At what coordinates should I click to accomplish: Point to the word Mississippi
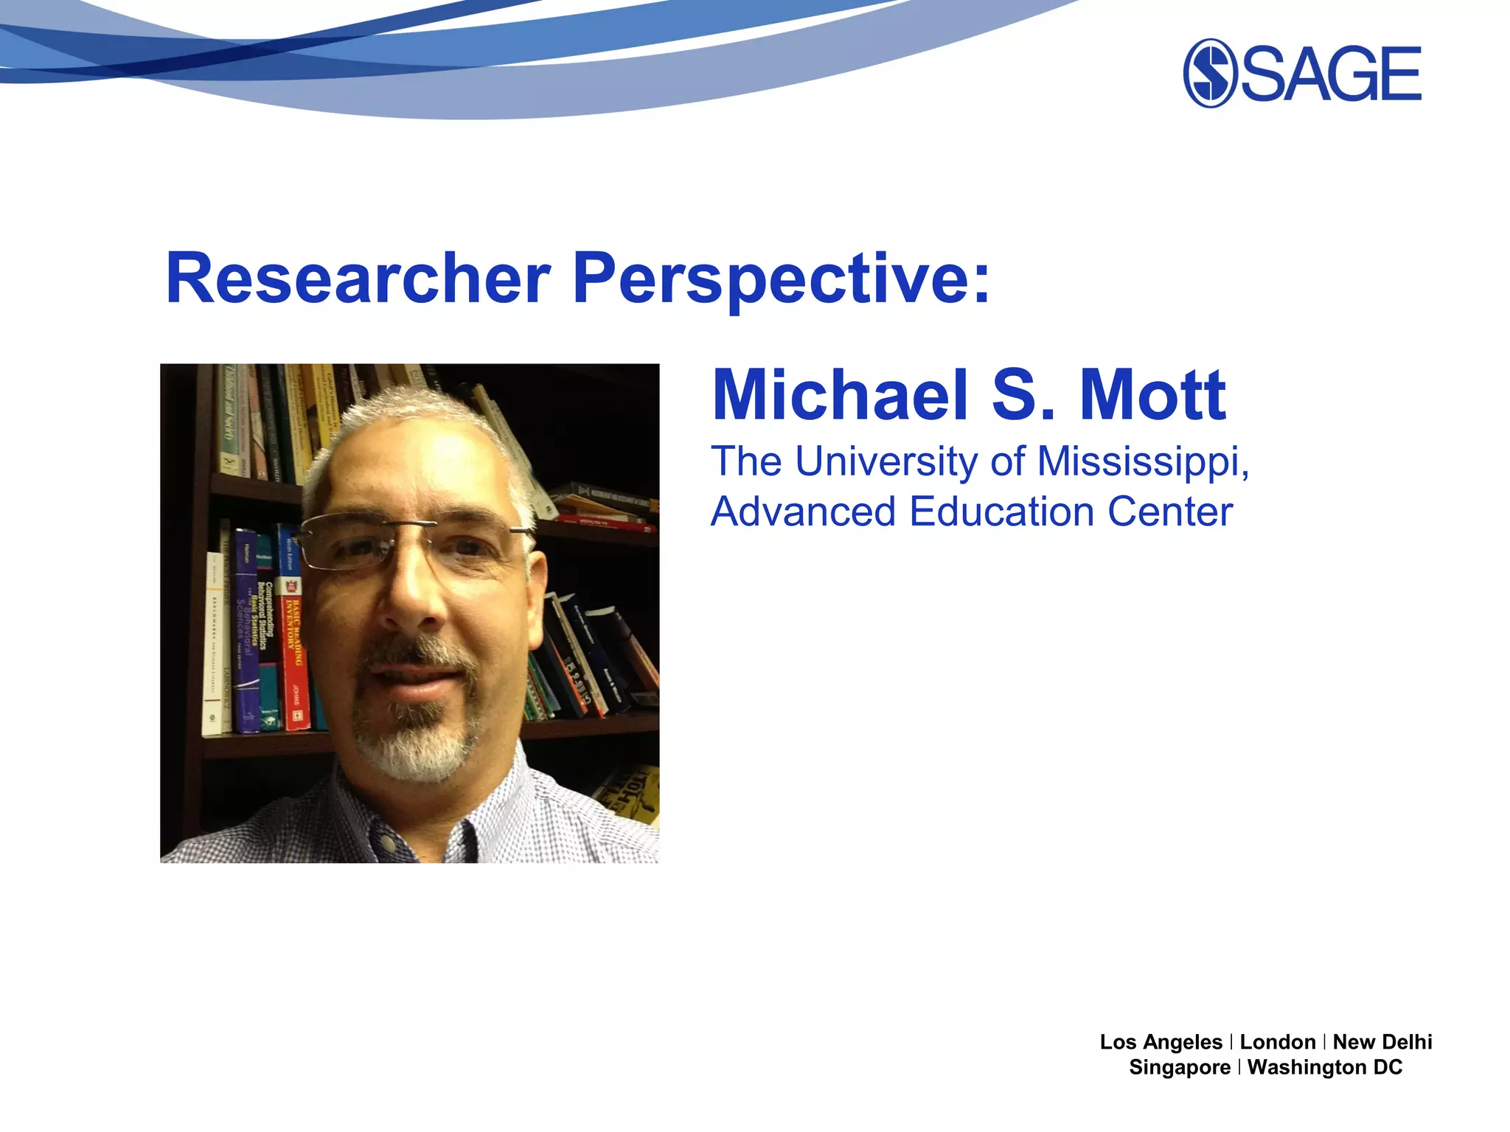[x=1142, y=463]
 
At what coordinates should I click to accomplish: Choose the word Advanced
[x=804, y=511]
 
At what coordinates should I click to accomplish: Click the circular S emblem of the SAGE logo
[x=1209, y=73]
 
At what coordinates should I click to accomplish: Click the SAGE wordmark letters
[x=1332, y=73]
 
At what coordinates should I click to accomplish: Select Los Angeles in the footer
[x=1161, y=1042]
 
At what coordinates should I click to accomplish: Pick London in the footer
[x=1278, y=1042]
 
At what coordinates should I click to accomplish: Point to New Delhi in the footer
[x=1382, y=1042]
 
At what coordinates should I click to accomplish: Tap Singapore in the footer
[x=1180, y=1067]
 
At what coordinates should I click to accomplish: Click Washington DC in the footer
[x=1325, y=1067]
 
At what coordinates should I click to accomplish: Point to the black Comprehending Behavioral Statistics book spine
[x=267, y=634]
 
